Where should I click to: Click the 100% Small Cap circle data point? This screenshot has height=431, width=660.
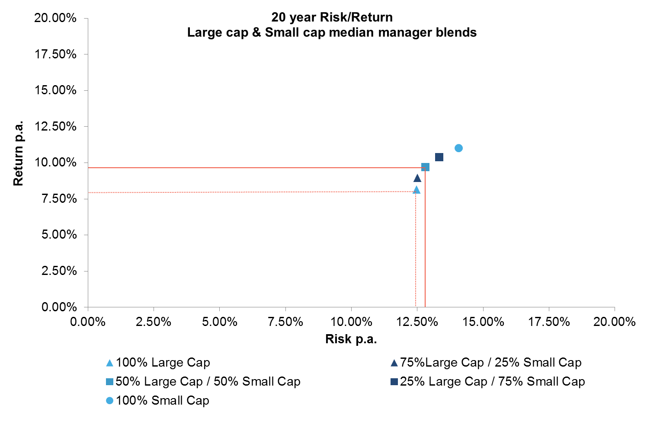(x=458, y=148)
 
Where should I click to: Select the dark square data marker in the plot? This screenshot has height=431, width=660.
(x=439, y=157)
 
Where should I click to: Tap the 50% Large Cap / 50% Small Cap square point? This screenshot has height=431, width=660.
(x=425, y=167)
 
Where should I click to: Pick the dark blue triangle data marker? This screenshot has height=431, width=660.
(x=417, y=178)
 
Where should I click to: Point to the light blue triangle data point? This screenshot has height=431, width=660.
(x=417, y=190)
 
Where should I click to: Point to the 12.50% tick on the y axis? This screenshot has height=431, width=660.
(x=55, y=127)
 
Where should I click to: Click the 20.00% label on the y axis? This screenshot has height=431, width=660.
(x=55, y=18)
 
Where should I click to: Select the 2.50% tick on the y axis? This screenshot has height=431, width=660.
(x=59, y=271)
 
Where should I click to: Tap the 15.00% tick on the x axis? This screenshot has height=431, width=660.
(x=483, y=322)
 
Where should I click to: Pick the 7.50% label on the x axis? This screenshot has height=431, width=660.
(x=285, y=322)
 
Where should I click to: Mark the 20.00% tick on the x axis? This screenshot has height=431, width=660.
(x=615, y=322)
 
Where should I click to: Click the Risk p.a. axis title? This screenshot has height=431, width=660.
(x=351, y=339)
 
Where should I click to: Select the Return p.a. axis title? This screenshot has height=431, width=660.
(x=18, y=154)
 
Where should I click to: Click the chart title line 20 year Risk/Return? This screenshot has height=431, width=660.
(x=332, y=17)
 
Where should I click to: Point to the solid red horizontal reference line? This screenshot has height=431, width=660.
(x=255, y=167)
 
